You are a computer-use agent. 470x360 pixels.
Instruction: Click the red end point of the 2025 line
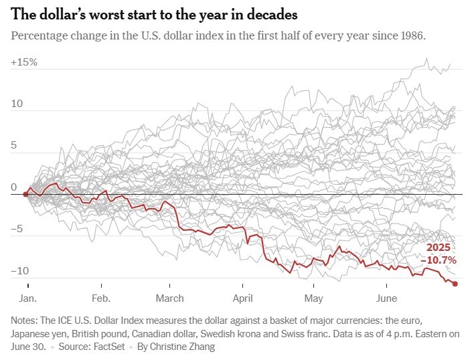click(455, 284)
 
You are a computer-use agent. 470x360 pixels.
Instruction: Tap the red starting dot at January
click(25, 194)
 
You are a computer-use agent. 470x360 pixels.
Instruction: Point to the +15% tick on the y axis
click(24, 62)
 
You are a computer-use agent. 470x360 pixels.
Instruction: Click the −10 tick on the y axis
click(20, 271)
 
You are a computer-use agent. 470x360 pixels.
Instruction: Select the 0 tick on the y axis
click(15, 187)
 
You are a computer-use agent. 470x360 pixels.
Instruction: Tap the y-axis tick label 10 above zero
click(17, 104)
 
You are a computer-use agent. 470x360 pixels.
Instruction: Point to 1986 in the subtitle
click(410, 35)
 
